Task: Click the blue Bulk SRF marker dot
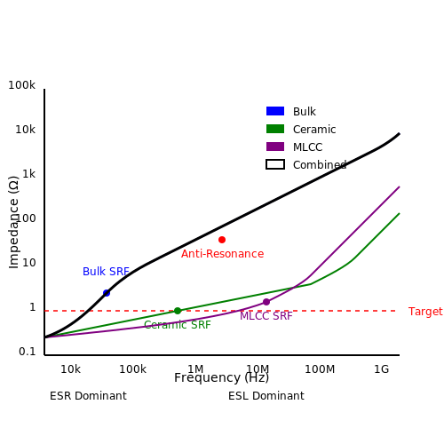pos(107,293)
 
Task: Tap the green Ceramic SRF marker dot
pos(178,311)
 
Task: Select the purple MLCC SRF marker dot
pos(266,302)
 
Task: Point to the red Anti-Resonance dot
pos(222,240)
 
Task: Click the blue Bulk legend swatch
pos(275,111)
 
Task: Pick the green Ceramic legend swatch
pos(275,129)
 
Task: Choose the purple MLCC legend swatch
pos(275,147)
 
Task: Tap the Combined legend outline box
pos(275,164)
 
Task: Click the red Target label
pos(425,312)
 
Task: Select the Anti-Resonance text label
pos(222,254)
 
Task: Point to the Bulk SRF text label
pos(106,272)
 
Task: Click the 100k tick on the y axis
pos(21,85)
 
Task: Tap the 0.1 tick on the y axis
pos(28,352)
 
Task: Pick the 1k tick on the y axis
pos(29,174)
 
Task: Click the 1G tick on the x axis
pos(381,369)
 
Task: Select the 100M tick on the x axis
pos(320,369)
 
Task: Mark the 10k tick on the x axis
pos(70,369)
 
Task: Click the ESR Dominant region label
pos(88,396)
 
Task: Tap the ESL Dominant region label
pos(266,396)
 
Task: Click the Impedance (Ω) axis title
pos(14,222)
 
